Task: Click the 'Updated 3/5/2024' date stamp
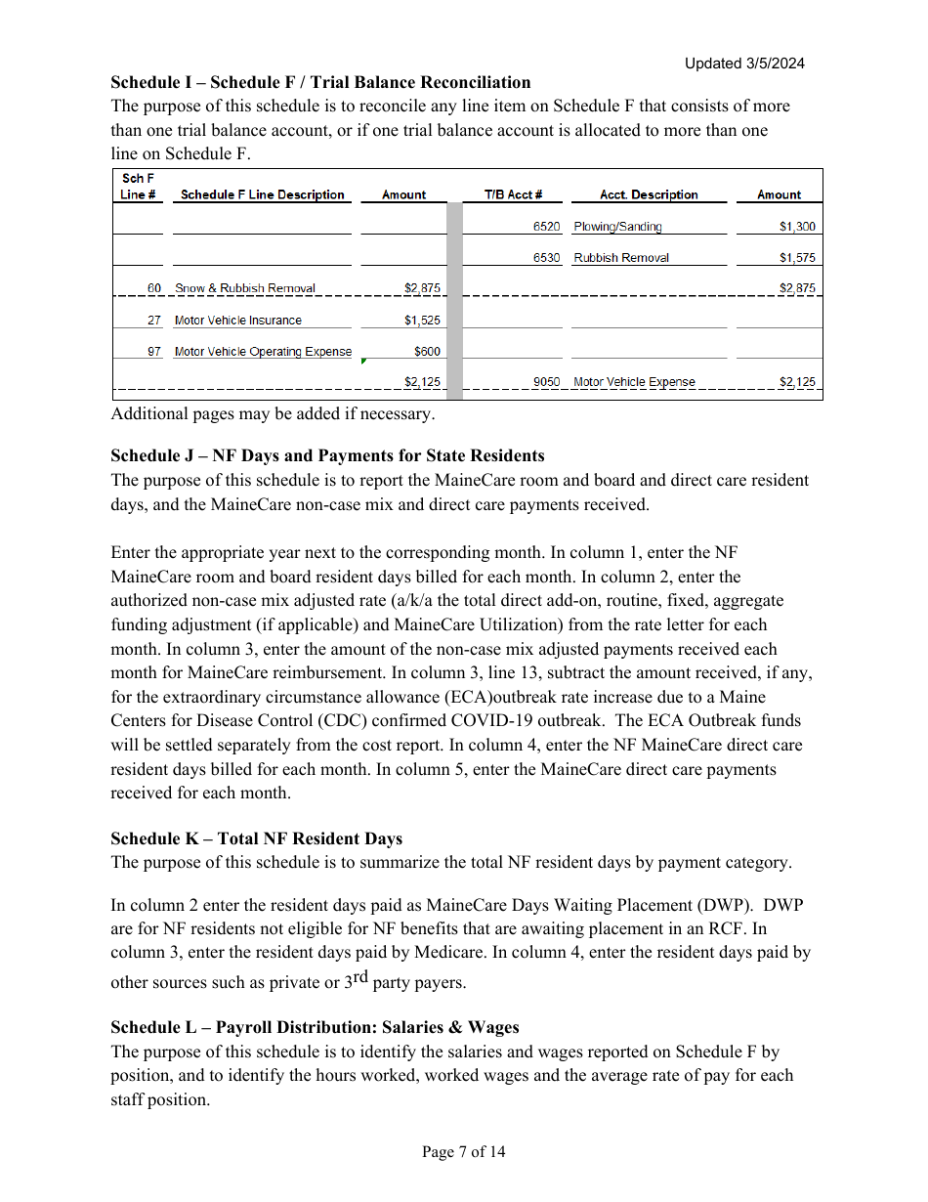743,64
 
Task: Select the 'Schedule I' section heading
320,82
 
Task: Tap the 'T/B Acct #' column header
513,194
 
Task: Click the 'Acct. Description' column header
649,194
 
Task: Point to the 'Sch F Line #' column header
138,187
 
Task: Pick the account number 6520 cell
546,227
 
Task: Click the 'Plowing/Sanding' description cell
617,227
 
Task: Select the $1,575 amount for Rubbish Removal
797,258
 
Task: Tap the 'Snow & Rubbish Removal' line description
245,288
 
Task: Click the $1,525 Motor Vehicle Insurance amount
422,321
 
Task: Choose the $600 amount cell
427,352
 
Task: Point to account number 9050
546,382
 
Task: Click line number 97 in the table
154,352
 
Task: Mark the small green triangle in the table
363,362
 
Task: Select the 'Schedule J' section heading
327,455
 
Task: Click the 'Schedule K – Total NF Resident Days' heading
256,838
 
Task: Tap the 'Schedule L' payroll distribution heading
315,1027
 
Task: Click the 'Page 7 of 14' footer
463,1152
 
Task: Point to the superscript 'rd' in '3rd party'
359,977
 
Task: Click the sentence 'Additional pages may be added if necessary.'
273,413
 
